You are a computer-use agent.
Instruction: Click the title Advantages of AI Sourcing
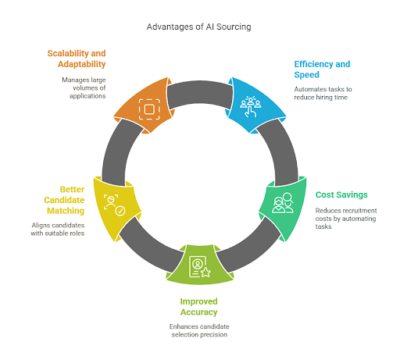[198, 27]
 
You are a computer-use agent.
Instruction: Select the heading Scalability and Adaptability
[77, 59]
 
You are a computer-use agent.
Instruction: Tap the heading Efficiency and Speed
[322, 70]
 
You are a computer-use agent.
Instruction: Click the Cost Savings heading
[341, 194]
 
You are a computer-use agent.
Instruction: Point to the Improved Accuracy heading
[199, 307]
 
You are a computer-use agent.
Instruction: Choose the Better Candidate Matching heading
[64, 200]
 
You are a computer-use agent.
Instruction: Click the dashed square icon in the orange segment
[149, 109]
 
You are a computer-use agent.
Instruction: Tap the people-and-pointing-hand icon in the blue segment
[251, 107]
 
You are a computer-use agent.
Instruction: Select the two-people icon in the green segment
[283, 203]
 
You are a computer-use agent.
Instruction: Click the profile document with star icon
[200, 267]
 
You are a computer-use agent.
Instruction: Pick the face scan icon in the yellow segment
[114, 205]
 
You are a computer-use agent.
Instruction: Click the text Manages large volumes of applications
[84, 88]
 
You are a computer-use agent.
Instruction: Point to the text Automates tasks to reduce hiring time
[323, 93]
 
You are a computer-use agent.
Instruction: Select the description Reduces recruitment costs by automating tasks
[346, 219]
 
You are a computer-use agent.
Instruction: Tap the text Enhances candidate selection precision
[199, 330]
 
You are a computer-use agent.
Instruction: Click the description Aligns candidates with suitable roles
[58, 229]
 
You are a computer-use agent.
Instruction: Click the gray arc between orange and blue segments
[200, 91]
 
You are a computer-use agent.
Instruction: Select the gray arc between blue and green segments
[283, 151]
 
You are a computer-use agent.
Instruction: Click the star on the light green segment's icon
[205, 273]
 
